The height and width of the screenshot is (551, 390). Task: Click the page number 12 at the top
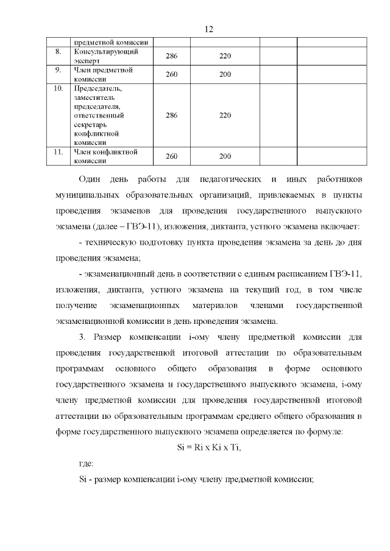208,29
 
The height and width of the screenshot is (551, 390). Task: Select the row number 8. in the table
58,52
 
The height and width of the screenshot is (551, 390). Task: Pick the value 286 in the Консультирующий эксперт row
171,56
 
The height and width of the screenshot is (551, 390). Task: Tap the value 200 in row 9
225,74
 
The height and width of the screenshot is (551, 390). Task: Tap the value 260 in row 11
171,156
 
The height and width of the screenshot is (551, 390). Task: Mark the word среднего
263,417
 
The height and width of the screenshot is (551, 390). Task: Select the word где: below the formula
87,464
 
